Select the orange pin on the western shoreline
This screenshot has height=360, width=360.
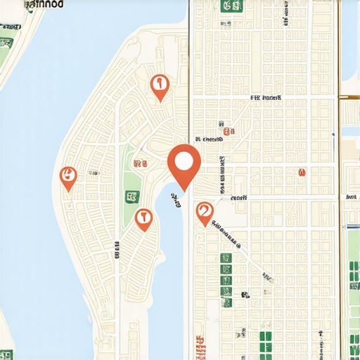point(68,177)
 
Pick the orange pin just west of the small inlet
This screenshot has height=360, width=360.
point(144,219)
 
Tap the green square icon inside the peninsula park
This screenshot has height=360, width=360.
point(131,197)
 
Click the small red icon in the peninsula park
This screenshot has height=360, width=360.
point(140,163)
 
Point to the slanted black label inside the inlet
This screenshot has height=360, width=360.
point(174,200)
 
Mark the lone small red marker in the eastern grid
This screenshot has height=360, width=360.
point(302,172)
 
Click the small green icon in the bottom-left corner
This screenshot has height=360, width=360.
point(6,355)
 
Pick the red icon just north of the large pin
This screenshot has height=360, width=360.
point(226,131)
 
